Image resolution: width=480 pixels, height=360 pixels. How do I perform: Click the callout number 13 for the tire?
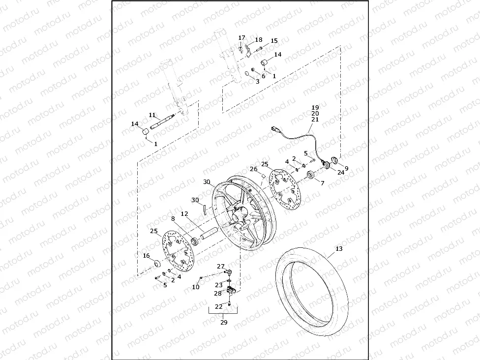338,249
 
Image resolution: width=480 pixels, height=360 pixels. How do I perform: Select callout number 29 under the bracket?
224,323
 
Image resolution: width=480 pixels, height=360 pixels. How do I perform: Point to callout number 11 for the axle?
152,115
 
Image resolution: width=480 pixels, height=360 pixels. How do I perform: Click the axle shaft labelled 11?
162,122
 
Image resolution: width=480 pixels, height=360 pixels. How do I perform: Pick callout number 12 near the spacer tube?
184,214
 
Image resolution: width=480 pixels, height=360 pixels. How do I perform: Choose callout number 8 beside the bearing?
173,219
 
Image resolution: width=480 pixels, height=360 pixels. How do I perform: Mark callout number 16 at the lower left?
146,256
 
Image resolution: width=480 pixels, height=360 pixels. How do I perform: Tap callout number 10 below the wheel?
196,287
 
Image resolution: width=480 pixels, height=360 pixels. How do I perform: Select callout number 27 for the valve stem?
221,266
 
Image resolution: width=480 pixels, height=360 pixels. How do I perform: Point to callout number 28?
217,293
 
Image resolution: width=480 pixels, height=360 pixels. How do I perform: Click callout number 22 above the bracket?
218,306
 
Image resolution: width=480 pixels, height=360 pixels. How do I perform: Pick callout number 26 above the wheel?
254,169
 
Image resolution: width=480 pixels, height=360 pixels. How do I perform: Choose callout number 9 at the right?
346,168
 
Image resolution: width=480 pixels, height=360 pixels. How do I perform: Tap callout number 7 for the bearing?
323,183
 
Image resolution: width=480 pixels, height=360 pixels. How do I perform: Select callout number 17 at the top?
241,38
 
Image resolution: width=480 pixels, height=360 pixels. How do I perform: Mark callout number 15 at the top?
274,41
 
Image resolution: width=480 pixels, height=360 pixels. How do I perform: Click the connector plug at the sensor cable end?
276,129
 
